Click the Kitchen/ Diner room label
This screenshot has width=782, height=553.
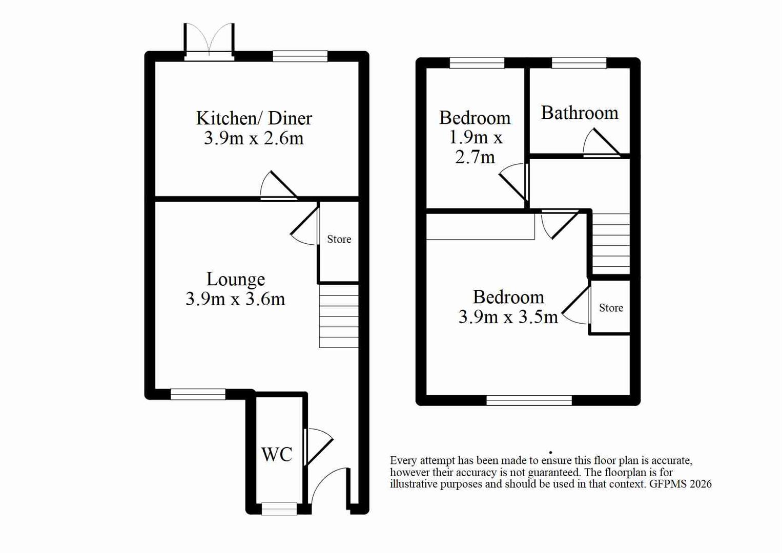pos(254,118)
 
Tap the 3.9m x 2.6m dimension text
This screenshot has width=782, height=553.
pos(254,138)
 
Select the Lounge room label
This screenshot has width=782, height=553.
pos(236,279)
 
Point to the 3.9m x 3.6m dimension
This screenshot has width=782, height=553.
pos(235,299)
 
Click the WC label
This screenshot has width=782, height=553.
pos(277,454)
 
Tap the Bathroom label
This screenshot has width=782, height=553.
pos(580,113)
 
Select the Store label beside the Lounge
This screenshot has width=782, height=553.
pos(339,239)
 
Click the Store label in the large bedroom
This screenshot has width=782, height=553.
pos(611,308)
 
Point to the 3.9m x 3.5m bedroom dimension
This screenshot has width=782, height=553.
pos(508,317)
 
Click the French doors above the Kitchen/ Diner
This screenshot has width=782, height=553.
pos(209,41)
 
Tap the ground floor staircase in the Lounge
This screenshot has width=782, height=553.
pos(339,316)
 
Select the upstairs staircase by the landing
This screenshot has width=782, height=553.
pos(611,244)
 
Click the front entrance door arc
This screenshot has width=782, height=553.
pos(328,484)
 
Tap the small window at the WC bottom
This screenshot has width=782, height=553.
pos(279,508)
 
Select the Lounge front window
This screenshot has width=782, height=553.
pos(198,394)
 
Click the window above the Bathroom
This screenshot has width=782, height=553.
pos(579,63)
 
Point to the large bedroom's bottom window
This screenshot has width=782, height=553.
pos(529,400)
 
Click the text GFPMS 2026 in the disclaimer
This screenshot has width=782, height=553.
pos(680,484)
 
